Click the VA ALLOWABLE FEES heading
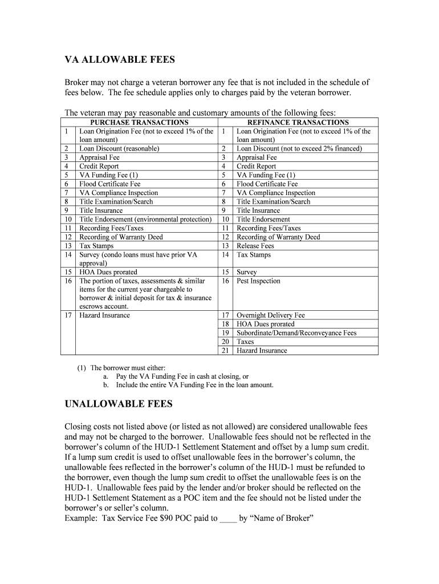pyautogui.click(x=119, y=60)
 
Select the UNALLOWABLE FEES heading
pyautogui.click(x=118, y=404)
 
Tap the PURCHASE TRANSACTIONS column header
pyautogui.click(x=139, y=122)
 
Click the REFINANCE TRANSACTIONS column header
pyautogui.click(x=298, y=122)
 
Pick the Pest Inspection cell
pyautogui.click(x=258, y=281)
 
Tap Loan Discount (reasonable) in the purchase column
pyautogui.click(x=119, y=148)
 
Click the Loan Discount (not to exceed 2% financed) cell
pyautogui.click(x=299, y=148)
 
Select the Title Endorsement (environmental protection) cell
pyautogui.click(x=145, y=219)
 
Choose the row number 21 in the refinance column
pyautogui.click(x=225, y=351)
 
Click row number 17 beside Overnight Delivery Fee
pyautogui.click(x=225, y=315)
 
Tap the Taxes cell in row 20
pyautogui.click(x=245, y=342)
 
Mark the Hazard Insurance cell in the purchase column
pyautogui.click(x=104, y=315)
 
